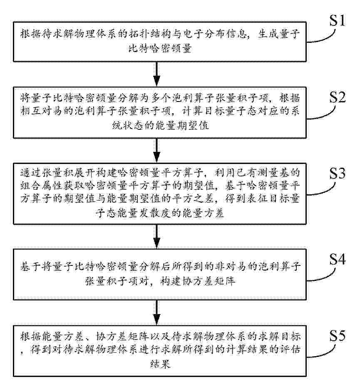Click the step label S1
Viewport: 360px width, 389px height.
(x=337, y=20)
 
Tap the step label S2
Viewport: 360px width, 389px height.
(x=338, y=97)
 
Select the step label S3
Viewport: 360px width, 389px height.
(x=338, y=173)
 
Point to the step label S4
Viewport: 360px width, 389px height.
(x=338, y=260)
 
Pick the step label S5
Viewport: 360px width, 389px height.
(x=338, y=336)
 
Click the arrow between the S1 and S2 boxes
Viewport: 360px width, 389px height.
(x=156, y=74)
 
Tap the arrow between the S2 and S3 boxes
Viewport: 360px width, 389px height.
(x=156, y=150)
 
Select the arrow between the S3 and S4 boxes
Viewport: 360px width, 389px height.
(x=156, y=236)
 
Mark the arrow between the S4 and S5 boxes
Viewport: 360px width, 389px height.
(x=156, y=312)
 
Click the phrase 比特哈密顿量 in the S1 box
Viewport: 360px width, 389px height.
(x=160, y=48)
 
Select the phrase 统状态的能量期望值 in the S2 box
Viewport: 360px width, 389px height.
(x=160, y=125)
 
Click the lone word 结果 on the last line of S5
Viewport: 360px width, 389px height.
(x=160, y=364)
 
